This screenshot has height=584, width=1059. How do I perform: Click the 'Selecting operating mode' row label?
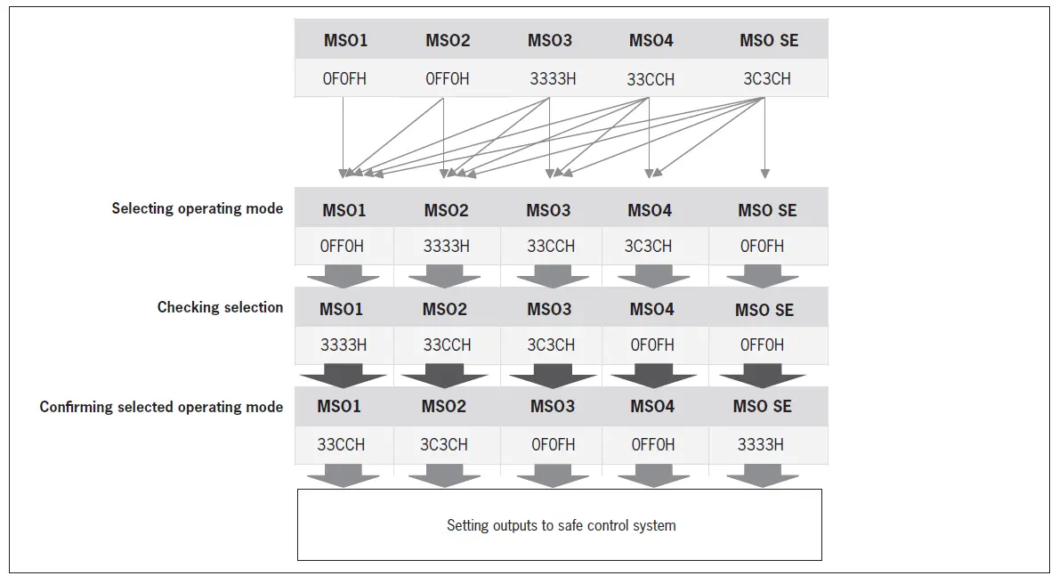pos(197,208)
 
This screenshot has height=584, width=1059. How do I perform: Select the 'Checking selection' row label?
pos(220,307)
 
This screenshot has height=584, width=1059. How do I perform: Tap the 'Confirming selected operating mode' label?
pos(161,407)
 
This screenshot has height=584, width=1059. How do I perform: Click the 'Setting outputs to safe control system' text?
pos(561,525)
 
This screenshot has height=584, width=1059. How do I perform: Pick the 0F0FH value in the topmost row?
pos(344,78)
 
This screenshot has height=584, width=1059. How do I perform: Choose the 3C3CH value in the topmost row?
pos(766,78)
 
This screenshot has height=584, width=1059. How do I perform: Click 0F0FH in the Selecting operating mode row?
pos(762,246)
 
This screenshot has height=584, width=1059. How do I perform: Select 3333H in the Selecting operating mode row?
pos(446,246)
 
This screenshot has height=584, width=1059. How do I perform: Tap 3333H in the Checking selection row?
pos(344,345)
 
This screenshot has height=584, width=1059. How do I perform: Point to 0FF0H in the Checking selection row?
pos(762,345)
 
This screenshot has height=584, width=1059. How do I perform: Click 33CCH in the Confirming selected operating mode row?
pos(341,444)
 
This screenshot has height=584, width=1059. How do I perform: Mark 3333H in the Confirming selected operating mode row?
pos(760,444)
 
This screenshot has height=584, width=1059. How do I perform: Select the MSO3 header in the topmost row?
pos(549,40)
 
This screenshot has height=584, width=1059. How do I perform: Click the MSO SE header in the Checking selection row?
pos(764,310)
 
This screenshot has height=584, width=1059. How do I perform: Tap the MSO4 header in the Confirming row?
pos(652,406)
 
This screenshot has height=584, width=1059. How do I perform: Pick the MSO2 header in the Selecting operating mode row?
pos(446,210)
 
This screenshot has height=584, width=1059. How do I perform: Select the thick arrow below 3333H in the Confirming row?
pos(762,477)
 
